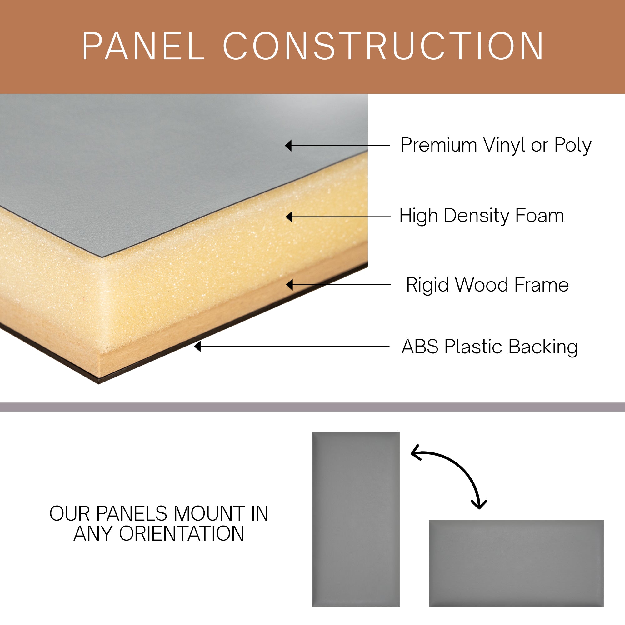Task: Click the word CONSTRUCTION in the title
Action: (x=383, y=46)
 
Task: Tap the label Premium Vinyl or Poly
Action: (x=496, y=145)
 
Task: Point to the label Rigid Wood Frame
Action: (x=487, y=285)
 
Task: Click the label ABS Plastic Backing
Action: (x=489, y=347)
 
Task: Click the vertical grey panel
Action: (x=356, y=519)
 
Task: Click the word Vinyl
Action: (x=504, y=145)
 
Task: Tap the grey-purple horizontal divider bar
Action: (x=312, y=407)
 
